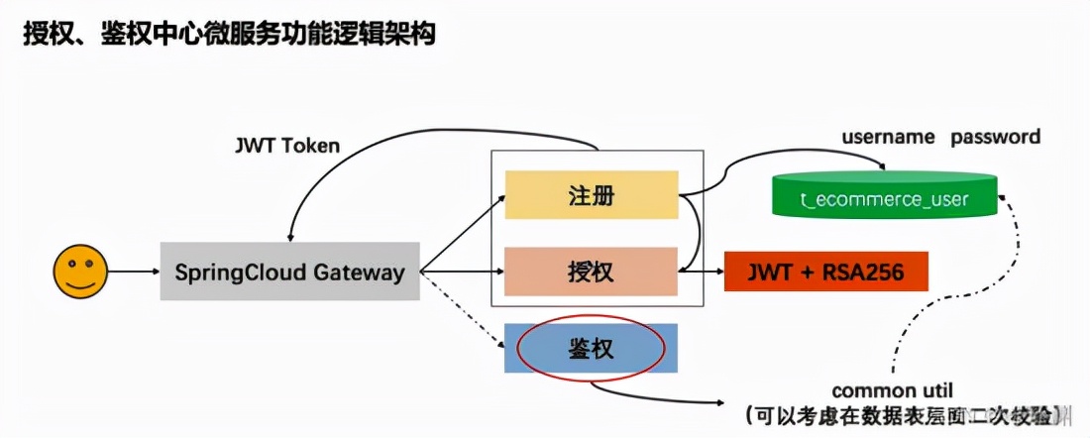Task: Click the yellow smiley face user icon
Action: [x=81, y=271]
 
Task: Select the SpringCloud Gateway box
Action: [x=289, y=271]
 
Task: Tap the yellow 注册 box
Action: [x=592, y=195]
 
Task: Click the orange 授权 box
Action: [x=592, y=272]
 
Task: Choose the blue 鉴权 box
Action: [x=592, y=348]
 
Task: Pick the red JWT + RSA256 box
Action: [x=827, y=271]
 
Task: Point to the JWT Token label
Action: [x=286, y=146]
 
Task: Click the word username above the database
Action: [x=888, y=137]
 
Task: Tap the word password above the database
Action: [x=996, y=137]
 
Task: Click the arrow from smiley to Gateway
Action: [x=133, y=271]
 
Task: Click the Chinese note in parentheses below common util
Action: [x=907, y=413]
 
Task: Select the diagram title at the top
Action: [x=229, y=35]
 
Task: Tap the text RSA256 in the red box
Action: [x=863, y=271]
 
